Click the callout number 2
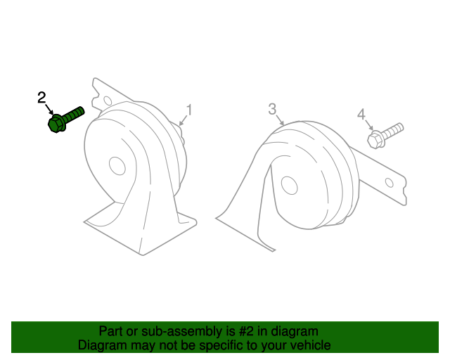click(41, 98)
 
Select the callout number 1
click(189, 110)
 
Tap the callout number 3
click(272, 109)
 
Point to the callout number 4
click(361, 115)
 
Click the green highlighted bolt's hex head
click(56, 124)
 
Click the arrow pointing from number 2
click(49, 110)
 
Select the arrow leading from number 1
click(183, 120)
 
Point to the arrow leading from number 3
click(280, 120)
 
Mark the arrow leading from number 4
click(369, 125)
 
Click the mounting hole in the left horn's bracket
click(108, 101)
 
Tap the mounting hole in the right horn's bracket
click(389, 183)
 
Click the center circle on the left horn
click(117, 166)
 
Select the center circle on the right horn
click(289, 186)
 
